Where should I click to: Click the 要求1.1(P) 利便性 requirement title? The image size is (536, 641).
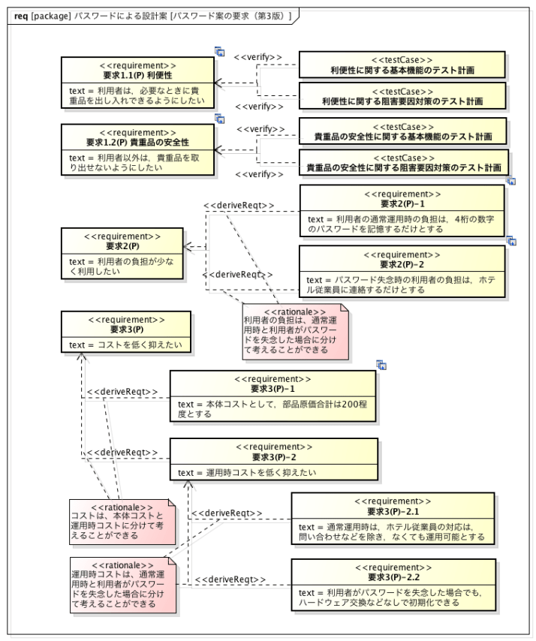click(x=138, y=76)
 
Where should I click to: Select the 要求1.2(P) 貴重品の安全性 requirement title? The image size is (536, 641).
click(x=138, y=142)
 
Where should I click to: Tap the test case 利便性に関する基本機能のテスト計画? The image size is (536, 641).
click(x=402, y=71)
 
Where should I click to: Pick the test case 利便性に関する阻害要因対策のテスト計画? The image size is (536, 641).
click(x=402, y=101)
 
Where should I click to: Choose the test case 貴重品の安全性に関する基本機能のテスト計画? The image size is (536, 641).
click(x=402, y=137)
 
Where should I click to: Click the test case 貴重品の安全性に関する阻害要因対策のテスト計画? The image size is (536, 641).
click(x=402, y=167)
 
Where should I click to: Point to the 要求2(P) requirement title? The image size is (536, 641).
click(x=122, y=245)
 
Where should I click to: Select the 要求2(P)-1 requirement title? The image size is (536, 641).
click(x=402, y=203)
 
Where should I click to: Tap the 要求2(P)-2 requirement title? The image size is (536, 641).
click(x=402, y=264)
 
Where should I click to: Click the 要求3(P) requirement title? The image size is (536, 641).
click(x=126, y=329)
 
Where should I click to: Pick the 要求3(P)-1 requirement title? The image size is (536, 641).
click(x=273, y=389)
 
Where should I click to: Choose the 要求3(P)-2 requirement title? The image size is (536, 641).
click(x=273, y=456)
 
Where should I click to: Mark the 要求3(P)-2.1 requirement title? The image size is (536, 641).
click(x=393, y=511)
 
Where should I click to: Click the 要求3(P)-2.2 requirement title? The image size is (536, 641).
click(x=393, y=577)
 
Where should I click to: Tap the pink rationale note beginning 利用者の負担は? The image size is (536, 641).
click(x=295, y=331)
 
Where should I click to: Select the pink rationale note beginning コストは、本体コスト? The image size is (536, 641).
click(x=122, y=522)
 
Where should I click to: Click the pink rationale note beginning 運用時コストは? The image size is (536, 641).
click(x=122, y=585)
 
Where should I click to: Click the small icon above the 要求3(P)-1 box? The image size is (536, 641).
click(x=381, y=365)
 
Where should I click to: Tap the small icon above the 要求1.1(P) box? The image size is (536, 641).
click(x=220, y=51)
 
